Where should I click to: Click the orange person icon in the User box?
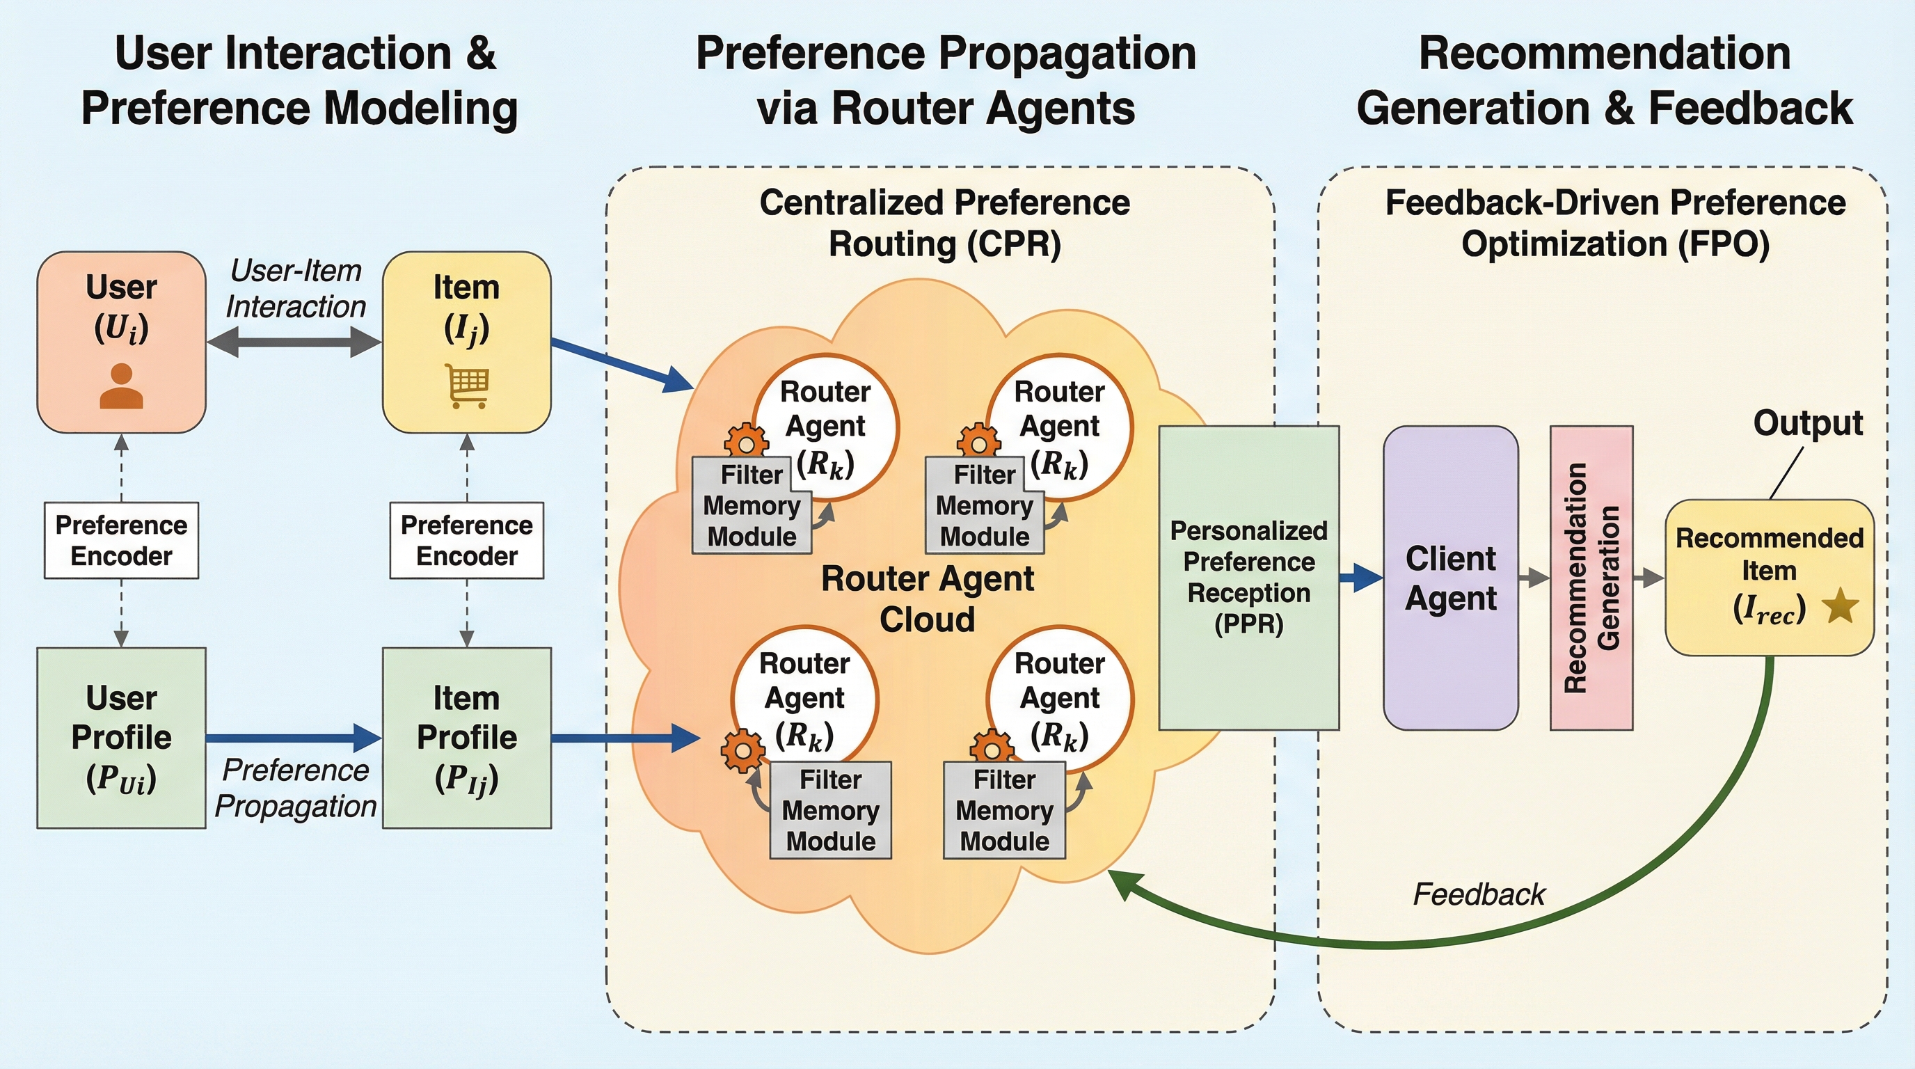click(121, 386)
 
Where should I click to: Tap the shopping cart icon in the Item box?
click(467, 385)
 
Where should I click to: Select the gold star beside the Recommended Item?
click(1841, 606)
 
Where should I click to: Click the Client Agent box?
click(1449, 578)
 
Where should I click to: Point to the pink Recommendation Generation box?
click(1591, 578)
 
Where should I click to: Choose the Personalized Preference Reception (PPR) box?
click(1249, 578)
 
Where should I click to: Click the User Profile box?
click(121, 738)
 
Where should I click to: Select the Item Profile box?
click(467, 738)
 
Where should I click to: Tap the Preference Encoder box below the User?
click(121, 541)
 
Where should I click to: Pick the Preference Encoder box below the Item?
click(467, 541)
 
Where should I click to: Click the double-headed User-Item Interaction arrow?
click(294, 342)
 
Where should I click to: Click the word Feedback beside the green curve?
click(1479, 894)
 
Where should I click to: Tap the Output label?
click(1808, 423)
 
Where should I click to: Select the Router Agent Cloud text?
click(927, 599)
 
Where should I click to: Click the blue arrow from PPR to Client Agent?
click(1360, 578)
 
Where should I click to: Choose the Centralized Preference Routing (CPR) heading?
click(944, 223)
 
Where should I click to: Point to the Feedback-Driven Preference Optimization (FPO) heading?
click(1614, 223)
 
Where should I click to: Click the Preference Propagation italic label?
click(295, 788)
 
